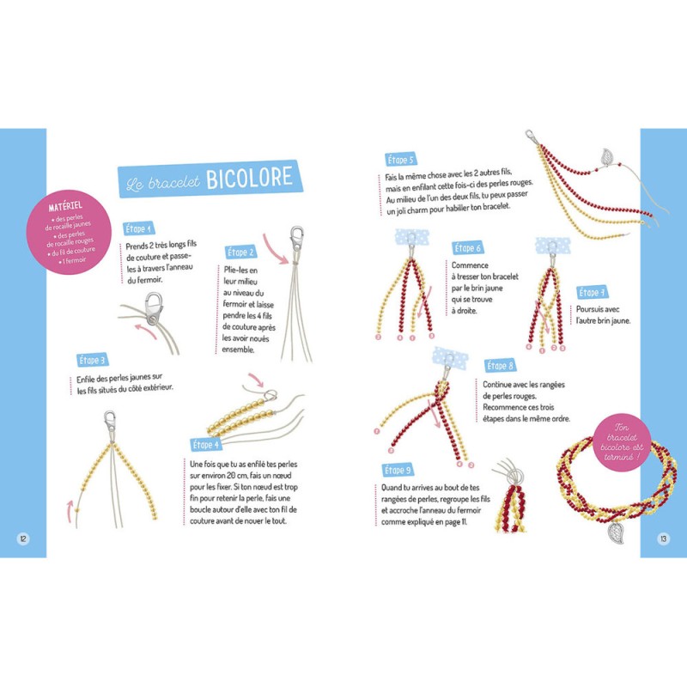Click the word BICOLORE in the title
[x=249, y=178]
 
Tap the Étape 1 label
[x=138, y=228]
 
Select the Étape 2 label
[x=240, y=252]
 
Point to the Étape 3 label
[x=92, y=361]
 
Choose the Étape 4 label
[x=206, y=445]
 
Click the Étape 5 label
[x=400, y=160]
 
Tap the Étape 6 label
[x=468, y=248]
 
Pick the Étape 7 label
[x=592, y=292]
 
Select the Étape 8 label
[x=500, y=366]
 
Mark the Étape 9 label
[x=398, y=470]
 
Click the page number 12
[x=23, y=538]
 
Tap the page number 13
[x=663, y=538]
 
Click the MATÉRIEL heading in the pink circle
[x=65, y=205]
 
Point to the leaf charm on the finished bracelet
[x=617, y=532]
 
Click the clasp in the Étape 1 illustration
[x=154, y=308]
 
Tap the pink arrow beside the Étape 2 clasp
[x=275, y=249]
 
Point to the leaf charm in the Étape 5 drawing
[x=607, y=158]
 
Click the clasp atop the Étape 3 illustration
[x=110, y=422]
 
